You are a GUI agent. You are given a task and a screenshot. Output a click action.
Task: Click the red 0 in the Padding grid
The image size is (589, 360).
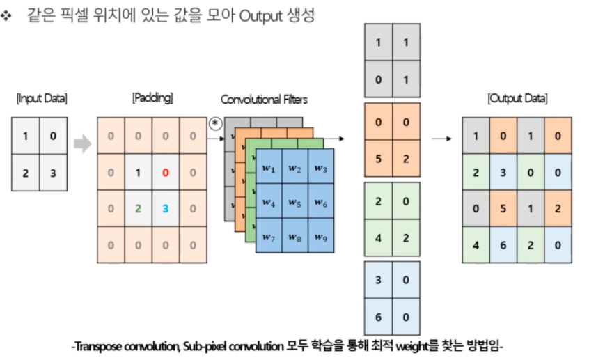[x=165, y=171]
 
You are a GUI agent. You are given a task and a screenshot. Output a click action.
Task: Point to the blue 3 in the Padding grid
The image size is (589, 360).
[x=165, y=208]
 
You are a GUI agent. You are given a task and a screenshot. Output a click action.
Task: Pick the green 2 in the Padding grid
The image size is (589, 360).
[x=138, y=208]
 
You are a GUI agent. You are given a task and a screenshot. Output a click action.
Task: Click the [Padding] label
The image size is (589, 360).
[x=152, y=98]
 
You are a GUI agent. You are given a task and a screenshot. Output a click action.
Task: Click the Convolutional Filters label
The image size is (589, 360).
[x=264, y=100]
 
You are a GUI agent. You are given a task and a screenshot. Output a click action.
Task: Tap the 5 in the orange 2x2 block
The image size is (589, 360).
[x=379, y=157]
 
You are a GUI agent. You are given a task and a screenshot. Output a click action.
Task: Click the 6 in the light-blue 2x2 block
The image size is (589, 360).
[x=379, y=316]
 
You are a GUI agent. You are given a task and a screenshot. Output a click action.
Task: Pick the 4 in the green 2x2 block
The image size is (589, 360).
[x=379, y=236]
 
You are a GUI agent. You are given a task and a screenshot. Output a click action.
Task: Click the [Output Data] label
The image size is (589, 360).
[x=517, y=99]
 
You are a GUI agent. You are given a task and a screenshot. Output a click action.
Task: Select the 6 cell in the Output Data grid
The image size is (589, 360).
[x=503, y=244]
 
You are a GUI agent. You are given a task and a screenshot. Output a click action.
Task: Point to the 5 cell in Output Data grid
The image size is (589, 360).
[x=503, y=208]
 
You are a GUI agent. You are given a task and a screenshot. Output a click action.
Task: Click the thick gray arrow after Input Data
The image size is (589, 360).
[x=82, y=145]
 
